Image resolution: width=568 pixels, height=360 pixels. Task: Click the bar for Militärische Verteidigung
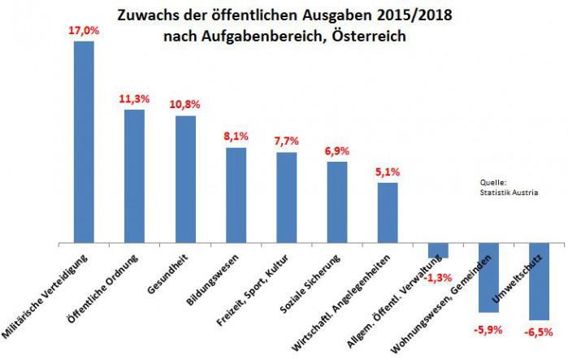84,142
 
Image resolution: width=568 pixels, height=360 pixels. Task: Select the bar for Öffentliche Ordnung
134,176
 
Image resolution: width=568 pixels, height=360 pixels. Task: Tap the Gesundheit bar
185,180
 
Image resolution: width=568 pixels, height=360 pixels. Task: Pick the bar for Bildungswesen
236,195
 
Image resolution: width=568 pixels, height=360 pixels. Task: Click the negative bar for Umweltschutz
539,281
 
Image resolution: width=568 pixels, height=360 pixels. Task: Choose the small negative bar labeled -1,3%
438,250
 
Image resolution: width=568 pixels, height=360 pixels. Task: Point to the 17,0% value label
84,30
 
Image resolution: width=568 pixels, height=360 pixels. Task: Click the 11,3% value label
134,99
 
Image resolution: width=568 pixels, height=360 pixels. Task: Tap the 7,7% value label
286,141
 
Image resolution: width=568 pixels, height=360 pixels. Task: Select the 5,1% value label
388,172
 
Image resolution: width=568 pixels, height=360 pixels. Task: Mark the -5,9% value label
488,330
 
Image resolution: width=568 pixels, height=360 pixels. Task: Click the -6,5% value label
539,332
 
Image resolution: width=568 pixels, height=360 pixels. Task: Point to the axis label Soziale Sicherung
310,284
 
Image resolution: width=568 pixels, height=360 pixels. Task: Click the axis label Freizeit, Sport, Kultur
252,290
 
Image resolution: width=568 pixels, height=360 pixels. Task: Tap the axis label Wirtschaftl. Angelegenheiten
340,303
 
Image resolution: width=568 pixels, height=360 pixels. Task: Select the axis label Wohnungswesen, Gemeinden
440,304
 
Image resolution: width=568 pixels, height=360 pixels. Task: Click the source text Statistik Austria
509,193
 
